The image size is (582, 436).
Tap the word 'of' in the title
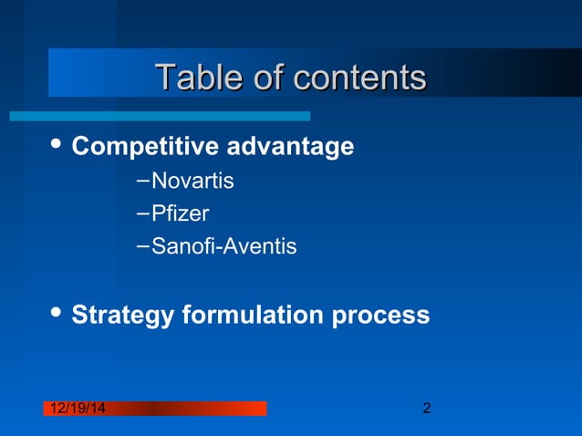267,78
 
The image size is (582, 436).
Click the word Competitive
145,146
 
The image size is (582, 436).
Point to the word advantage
290,146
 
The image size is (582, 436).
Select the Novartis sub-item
192,182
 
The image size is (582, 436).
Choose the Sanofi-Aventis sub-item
223,246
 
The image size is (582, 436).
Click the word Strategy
122,316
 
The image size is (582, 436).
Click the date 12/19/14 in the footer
76,409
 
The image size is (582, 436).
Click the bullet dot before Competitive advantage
55,144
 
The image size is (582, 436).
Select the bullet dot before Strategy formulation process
55,313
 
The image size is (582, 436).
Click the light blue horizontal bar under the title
160,116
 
